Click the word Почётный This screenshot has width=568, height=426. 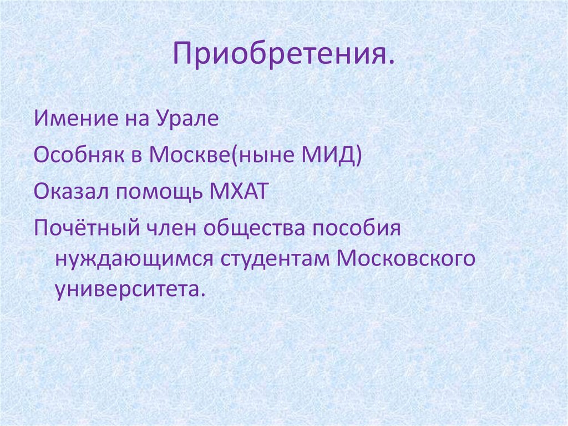tap(86, 229)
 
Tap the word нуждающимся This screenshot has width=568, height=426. tap(131, 259)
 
